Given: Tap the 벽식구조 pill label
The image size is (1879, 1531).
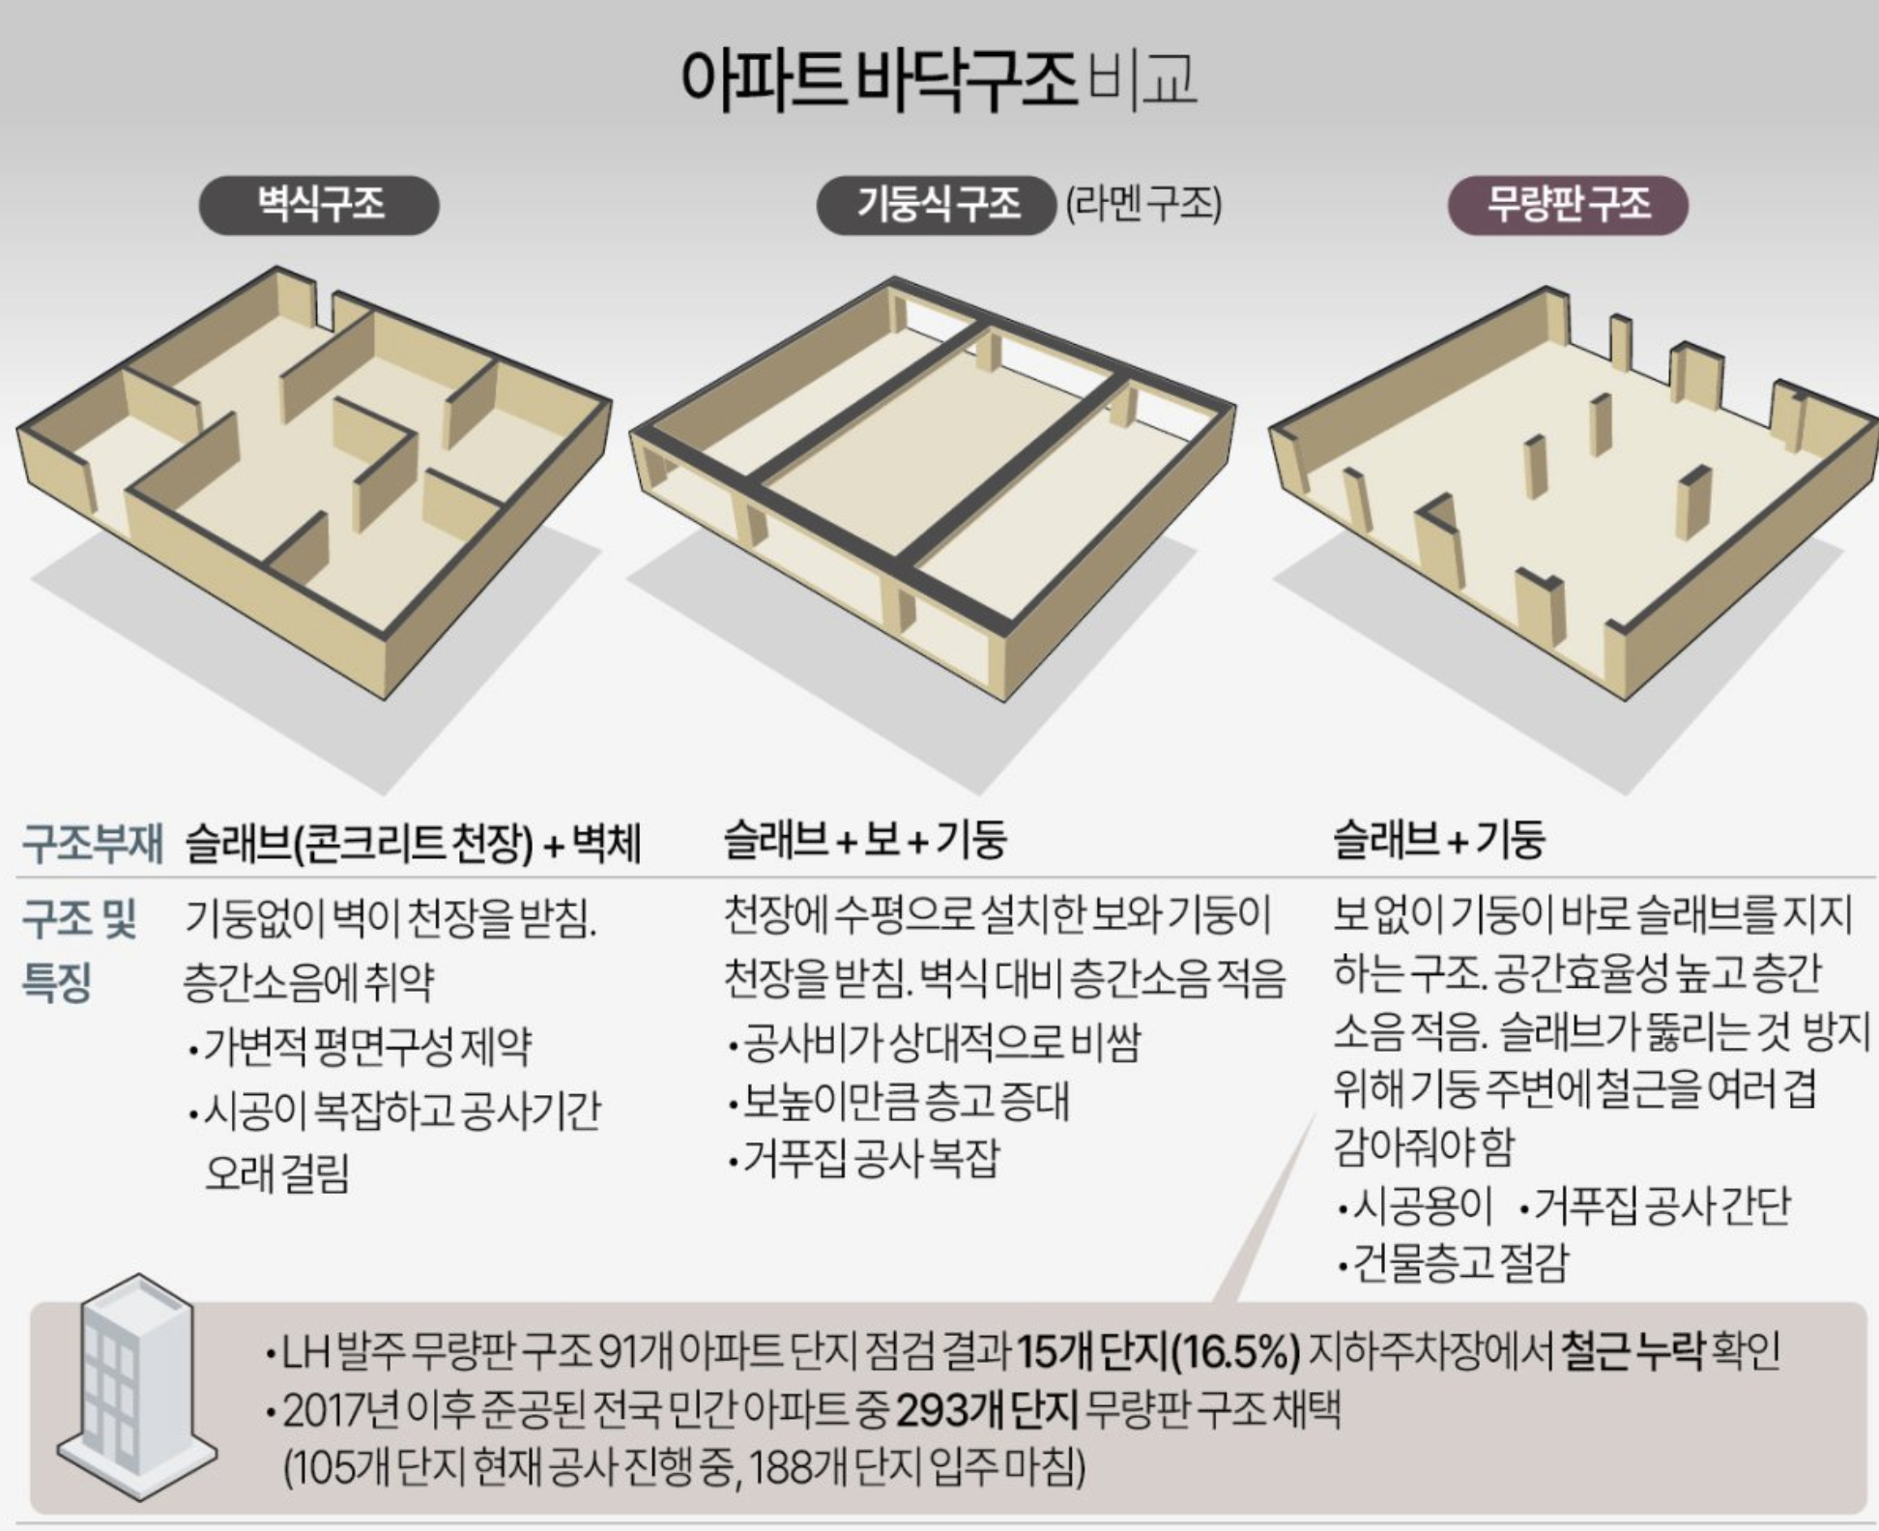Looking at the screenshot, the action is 319,205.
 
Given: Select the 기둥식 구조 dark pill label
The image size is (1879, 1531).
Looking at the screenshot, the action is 936,205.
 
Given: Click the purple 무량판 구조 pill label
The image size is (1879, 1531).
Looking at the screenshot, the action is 1567,205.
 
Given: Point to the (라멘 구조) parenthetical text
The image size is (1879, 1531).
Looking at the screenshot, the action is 1143,205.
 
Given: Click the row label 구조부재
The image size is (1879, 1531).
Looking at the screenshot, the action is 93,843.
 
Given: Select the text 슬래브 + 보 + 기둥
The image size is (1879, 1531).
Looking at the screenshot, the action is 865,839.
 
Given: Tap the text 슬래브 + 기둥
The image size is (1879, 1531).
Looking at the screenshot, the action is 1439,839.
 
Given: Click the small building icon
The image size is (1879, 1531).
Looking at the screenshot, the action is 135,1387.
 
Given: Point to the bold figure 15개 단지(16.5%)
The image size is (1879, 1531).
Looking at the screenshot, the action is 1158,1352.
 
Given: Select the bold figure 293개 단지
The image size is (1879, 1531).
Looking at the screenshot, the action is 986,1412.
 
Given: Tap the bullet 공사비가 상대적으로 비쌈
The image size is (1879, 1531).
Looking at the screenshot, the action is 936,1043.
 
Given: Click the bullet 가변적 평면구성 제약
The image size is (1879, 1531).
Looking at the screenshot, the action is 361,1046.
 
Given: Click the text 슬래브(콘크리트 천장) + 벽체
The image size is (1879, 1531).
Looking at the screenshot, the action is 413,843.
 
